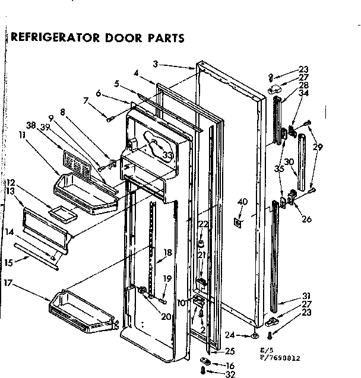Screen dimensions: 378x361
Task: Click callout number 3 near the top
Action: pos(155,65)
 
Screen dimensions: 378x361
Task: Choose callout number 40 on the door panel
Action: pos(241,204)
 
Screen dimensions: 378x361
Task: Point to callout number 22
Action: pos(203,224)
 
